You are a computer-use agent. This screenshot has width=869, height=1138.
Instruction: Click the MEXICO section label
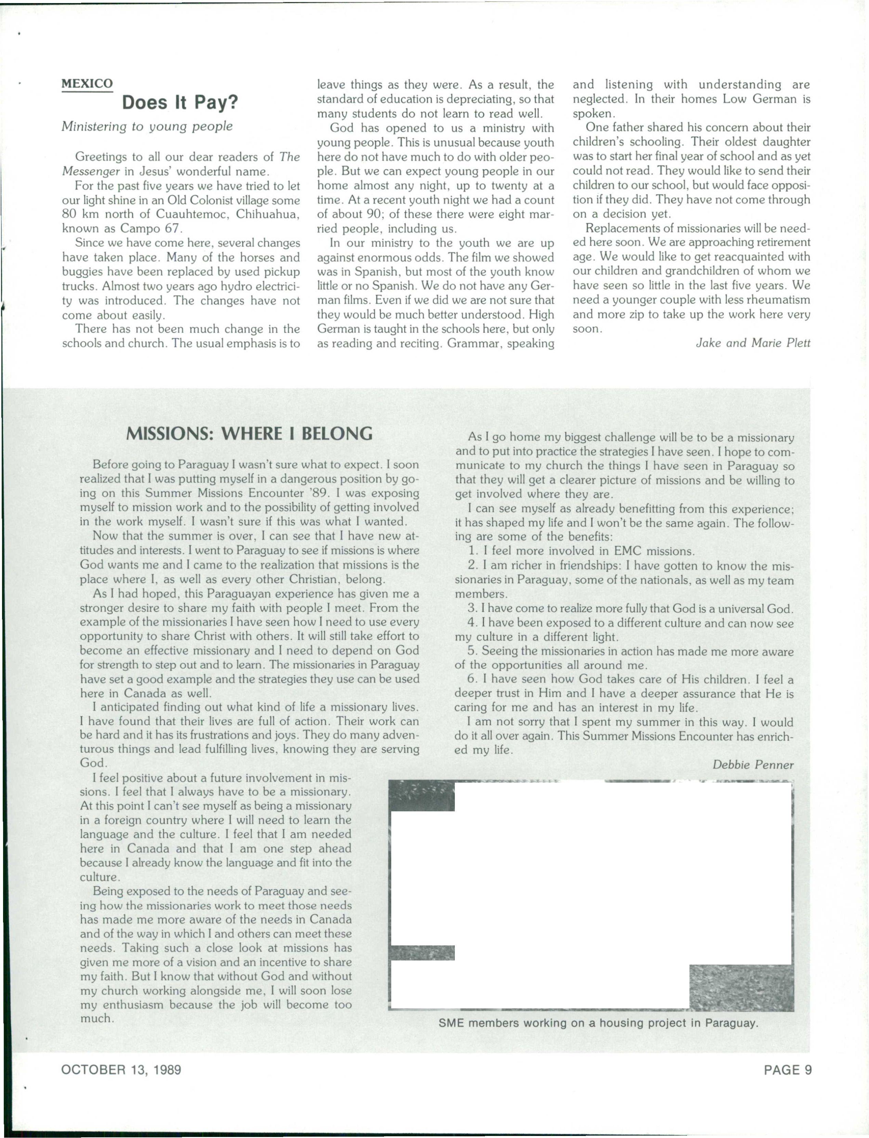(87, 84)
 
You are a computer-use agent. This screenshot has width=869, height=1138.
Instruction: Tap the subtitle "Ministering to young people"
(147, 126)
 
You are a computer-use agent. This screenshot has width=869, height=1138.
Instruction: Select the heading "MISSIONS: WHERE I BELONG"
(249, 433)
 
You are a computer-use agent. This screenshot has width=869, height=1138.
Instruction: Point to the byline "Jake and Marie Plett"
(753, 343)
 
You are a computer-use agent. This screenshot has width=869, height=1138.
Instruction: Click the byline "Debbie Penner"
(753, 764)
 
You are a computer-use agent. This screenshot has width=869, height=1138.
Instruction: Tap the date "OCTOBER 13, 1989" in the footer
(121, 1070)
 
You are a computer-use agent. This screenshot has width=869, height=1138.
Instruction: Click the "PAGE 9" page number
(788, 1070)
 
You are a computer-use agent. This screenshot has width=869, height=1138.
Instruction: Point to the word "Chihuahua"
(268, 214)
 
